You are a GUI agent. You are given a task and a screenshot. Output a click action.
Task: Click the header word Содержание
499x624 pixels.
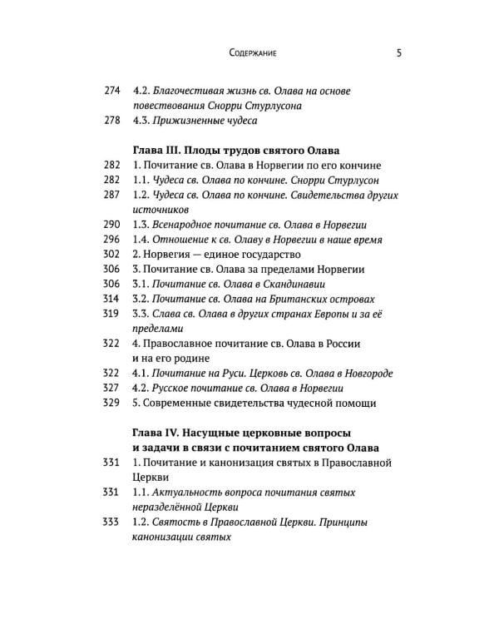pos(252,53)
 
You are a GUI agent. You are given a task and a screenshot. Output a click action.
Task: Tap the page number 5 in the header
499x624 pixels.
pos(399,53)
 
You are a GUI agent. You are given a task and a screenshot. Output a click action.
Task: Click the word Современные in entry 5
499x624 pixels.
pos(180,404)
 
